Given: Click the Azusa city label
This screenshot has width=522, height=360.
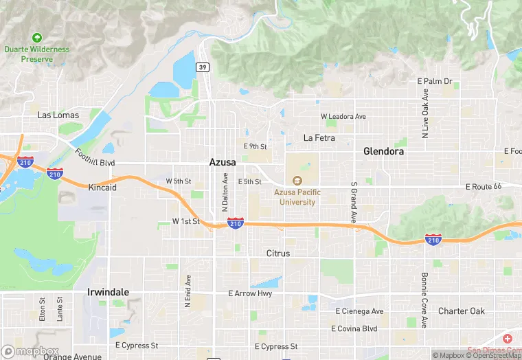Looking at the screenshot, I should point(223,162).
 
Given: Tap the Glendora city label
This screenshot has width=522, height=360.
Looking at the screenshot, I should point(383,151).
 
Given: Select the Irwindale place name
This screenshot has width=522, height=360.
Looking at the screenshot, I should point(108,292).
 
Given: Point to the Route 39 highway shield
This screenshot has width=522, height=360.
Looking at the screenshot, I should point(202,67).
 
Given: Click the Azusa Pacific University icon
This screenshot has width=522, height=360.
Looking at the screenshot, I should point(297,181).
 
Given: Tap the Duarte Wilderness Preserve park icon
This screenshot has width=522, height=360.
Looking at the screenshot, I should point(37,37).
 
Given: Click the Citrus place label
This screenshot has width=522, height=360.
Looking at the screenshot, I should point(278,254).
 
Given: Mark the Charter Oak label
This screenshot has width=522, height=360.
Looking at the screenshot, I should point(462,311).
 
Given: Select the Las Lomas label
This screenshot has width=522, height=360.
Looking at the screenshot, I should point(58,115).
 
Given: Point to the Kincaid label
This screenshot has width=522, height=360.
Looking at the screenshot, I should point(102,187).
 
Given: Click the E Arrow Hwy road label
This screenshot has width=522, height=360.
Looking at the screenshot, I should point(250,293).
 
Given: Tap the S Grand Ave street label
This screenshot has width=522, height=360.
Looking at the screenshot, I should point(354,202).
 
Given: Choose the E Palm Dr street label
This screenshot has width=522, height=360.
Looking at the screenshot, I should point(435,81).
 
